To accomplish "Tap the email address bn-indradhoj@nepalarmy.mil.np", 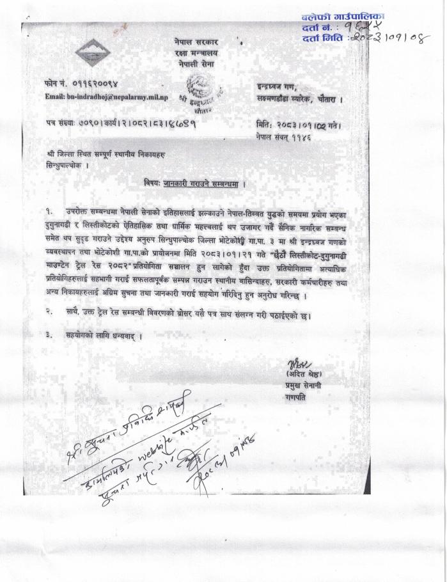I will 106,97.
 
